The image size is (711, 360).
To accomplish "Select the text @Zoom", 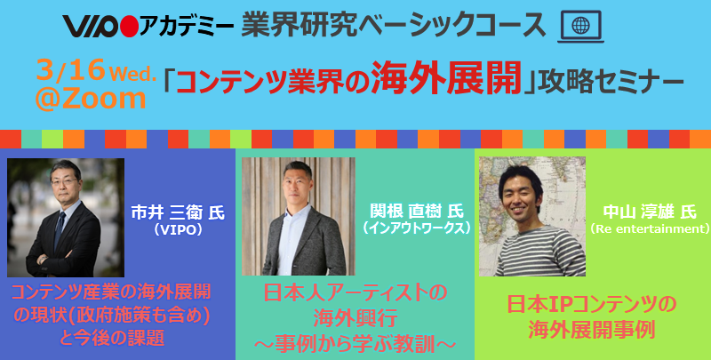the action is tap(91, 99).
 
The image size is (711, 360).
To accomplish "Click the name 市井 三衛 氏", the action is tap(178, 213).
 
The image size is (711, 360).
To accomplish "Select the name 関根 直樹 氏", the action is tap(413, 212).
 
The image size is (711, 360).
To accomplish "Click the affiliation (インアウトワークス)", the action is tap(414, 228).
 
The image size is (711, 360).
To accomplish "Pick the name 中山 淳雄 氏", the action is tap(650, 212).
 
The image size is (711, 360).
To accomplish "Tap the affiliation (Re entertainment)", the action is tap(650, 228).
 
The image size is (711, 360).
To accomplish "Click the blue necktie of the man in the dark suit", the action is tap(60, 229).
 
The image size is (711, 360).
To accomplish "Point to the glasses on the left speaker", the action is tap(63, 181).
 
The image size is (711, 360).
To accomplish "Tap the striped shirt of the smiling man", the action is tap(539, 251).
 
